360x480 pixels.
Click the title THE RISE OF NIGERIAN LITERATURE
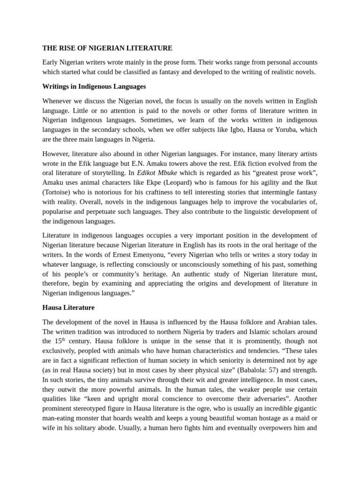(107, 48)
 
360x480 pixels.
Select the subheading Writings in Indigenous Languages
(94, 86)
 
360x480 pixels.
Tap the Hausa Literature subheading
(68, 307)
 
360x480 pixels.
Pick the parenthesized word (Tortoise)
(58, 192)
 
